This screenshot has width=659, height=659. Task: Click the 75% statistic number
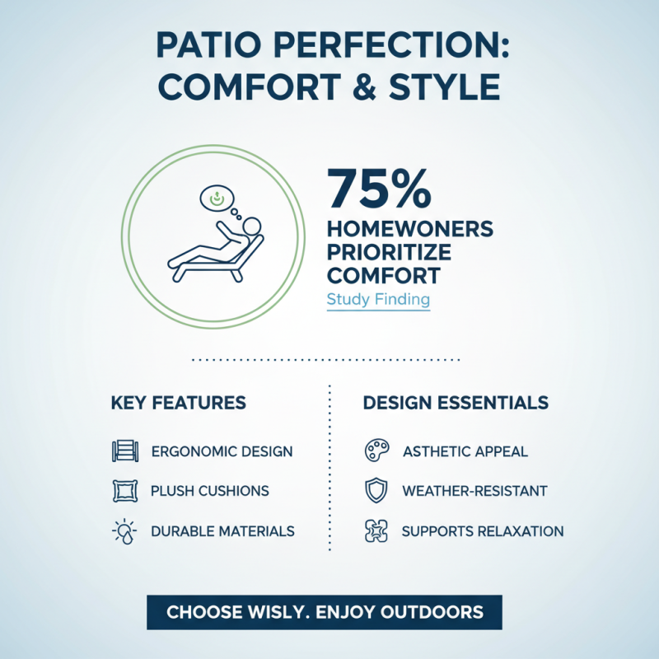coord(378,189)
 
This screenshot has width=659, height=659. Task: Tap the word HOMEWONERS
coord(409,230)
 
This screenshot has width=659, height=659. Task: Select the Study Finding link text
coord(378,299)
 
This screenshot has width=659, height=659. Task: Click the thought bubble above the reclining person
coord(217,198)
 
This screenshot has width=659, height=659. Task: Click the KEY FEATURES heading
coord(178,403)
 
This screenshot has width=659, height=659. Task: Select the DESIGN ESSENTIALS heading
coord(456,403)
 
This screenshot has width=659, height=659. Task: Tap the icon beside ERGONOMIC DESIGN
coord(123,451)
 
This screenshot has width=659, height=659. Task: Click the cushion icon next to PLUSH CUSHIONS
coord(123,491)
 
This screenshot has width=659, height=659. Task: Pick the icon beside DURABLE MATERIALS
coord(123,531)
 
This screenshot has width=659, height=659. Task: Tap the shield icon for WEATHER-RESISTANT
coord(375,491)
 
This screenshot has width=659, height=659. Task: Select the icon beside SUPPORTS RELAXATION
coord(375,531)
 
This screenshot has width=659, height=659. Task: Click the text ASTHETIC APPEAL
coord(465,451)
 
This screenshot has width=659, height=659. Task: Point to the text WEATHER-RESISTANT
coord(474,491)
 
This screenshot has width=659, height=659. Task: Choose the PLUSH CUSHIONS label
coord(209,491)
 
